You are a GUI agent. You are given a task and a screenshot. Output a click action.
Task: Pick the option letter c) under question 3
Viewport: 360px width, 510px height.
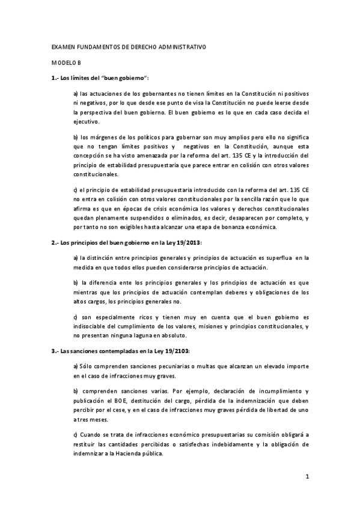[x=75, y=435]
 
